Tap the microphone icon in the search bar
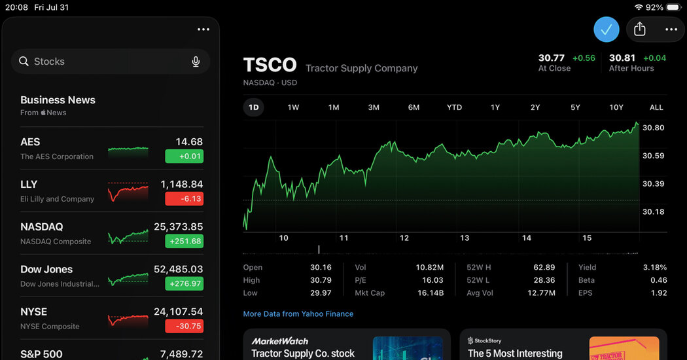point(196,62)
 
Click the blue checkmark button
point(607,29)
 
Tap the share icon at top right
point(640,29)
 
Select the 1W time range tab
point(293,107)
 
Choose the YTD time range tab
point(454,107)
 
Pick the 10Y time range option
point(616,107)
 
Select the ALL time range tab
point(656,107)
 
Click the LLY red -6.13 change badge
point(184,198)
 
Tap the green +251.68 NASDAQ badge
point(184,241)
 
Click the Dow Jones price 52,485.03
point(179,269)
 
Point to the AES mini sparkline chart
point(128,152)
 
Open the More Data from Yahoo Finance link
point(298,314)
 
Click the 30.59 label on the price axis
point(653,156)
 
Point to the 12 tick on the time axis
point(404,238)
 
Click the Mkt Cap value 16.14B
point(431,293)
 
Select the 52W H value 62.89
point(544,268)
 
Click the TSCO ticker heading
point(270,65)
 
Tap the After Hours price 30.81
point(622,58)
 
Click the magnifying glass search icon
point(24,62)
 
